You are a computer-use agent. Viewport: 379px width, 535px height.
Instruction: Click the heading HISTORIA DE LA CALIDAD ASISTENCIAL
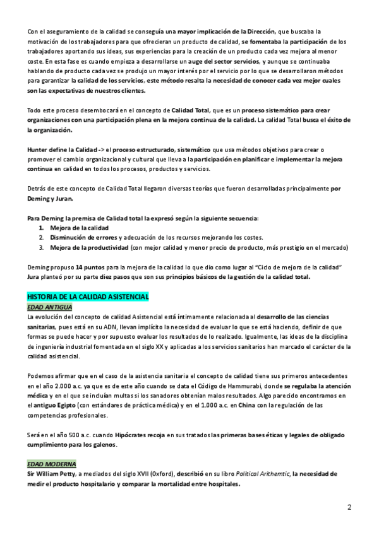(88, 296)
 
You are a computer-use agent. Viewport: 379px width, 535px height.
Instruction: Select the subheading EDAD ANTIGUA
(49, 307)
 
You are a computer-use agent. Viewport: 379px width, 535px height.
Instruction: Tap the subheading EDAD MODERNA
(51, 464)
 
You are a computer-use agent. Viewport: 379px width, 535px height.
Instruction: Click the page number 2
(349, 507)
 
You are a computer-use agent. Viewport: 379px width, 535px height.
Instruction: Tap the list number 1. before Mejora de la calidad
(42, 227)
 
